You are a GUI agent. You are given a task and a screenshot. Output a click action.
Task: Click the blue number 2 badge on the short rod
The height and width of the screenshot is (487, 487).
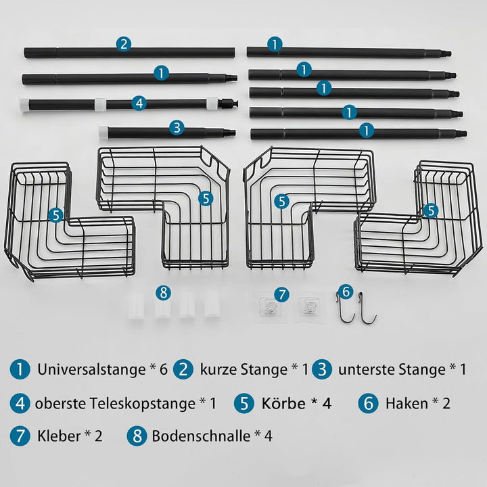coord(124,44)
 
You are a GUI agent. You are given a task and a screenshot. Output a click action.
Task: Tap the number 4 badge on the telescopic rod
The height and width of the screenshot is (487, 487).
coord(139,103)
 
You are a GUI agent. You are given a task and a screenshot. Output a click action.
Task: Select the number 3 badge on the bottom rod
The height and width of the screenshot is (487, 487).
coord(177,128)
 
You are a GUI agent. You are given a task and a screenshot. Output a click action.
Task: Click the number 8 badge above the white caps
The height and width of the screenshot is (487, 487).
coord(164,293)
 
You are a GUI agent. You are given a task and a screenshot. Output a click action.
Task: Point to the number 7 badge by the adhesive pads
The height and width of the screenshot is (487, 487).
coord(281,294)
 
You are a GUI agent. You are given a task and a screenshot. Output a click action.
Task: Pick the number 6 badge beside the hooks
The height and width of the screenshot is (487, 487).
coord(346,292)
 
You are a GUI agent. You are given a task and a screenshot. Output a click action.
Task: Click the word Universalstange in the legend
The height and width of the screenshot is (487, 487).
coord(91,369)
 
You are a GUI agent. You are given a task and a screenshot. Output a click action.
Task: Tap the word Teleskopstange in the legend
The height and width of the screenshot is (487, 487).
coord(143,403)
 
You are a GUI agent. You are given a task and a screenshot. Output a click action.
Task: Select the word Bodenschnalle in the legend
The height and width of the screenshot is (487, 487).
coord(201,436)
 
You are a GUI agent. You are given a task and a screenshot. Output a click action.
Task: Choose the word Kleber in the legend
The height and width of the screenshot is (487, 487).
coord(59,436)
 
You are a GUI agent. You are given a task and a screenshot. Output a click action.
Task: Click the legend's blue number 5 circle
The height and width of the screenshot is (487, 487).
coord(244,403)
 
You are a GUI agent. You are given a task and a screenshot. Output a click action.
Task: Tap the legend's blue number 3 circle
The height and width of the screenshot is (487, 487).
coord(322,369)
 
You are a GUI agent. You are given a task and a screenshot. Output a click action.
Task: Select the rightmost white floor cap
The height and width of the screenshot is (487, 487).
coord(212,305)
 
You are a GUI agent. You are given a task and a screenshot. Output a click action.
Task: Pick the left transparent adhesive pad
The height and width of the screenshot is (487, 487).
coord(270,307)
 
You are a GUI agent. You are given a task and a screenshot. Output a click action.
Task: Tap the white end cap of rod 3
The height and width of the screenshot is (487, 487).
coord(103,132)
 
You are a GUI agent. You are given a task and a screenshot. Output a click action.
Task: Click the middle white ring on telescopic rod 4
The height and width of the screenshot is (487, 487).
coord(100,104)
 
